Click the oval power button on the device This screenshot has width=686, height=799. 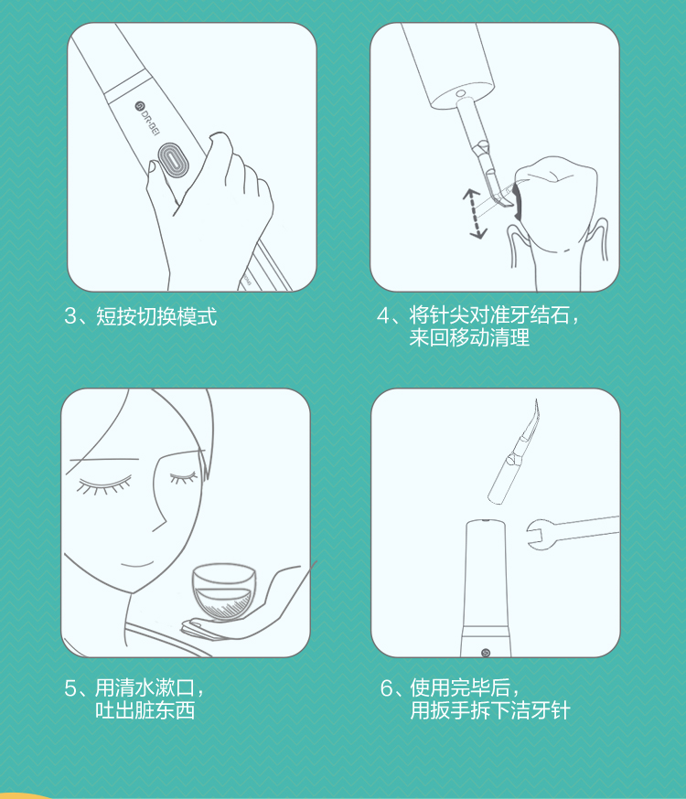click(x=173, y=160)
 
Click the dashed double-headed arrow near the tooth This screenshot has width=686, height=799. click(x=475, y=214)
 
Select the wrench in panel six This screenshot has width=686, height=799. click(x=573, y=533)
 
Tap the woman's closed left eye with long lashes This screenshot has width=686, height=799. click(x=104, y=485)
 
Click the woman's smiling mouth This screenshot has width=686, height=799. click(x=137, y=563)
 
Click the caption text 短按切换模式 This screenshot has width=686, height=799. click(x=156, y=316)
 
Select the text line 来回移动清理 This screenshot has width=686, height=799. click(x=469, y=337)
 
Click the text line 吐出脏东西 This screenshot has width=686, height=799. click(x=145, y=709)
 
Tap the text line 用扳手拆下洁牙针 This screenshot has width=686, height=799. click(x=490, y=709)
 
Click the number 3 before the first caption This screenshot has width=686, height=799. click(x=70, y=316)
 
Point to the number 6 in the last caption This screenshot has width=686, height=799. click(x=387, y=687)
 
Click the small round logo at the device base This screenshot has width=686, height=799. click(x=485, y=653)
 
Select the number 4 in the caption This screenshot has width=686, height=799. click(x=383, y=315)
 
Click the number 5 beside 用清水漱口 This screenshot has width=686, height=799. click(x=70, y=687)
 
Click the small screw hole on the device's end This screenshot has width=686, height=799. click(x=460, y=93)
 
